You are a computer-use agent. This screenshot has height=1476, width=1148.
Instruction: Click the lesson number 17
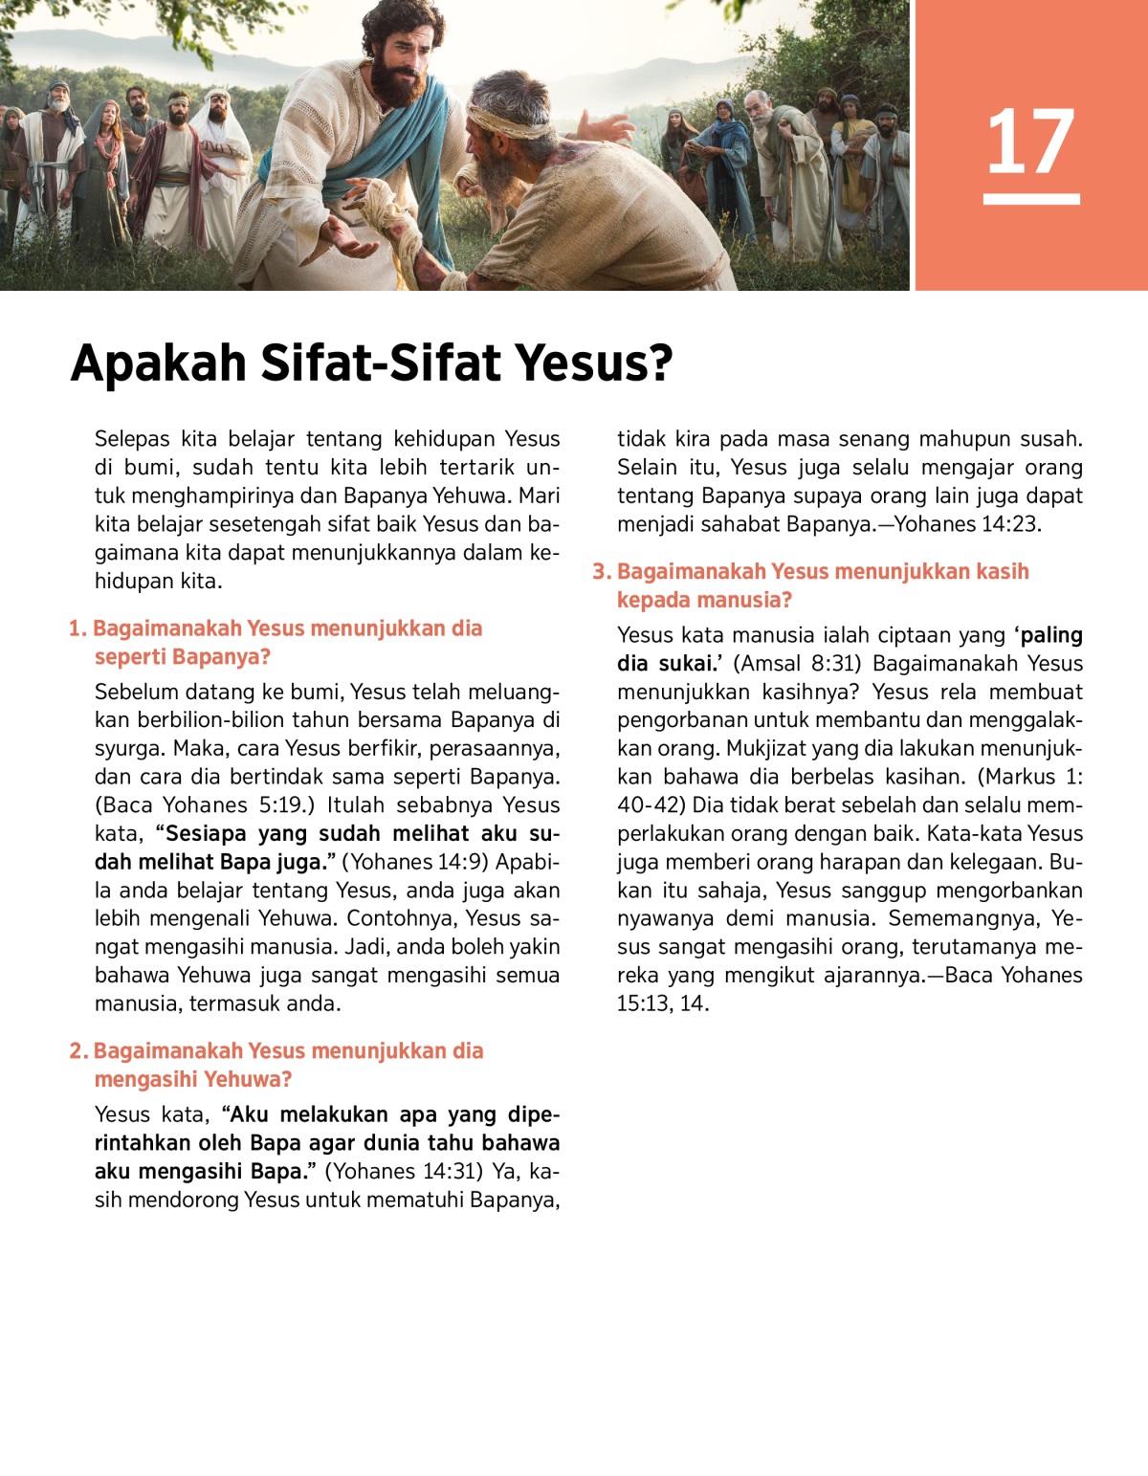[x=1030, y=142]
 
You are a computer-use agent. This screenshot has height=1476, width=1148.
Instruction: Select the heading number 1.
[x=77, y=629]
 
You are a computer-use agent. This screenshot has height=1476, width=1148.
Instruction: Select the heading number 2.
[x=78, y=1051]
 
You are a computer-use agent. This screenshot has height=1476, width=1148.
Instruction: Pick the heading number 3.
[x=601, y=572]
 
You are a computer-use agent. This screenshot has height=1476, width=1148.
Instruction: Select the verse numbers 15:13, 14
[x=662, y=1003]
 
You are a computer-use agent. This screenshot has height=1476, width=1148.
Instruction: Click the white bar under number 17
[x=1030, y=199]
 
